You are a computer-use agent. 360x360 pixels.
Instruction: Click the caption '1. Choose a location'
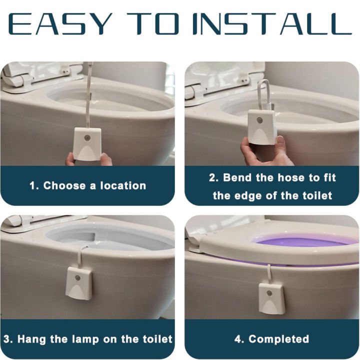(x=87, y=185)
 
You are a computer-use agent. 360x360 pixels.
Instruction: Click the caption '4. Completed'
(x=272, y=339)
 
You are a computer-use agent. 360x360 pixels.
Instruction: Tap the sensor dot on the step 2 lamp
(x=260, y=120)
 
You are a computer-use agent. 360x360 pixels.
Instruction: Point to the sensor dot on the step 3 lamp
(x=77, y=275)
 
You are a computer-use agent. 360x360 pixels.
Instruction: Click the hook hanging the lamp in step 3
(x=81, y=255)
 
